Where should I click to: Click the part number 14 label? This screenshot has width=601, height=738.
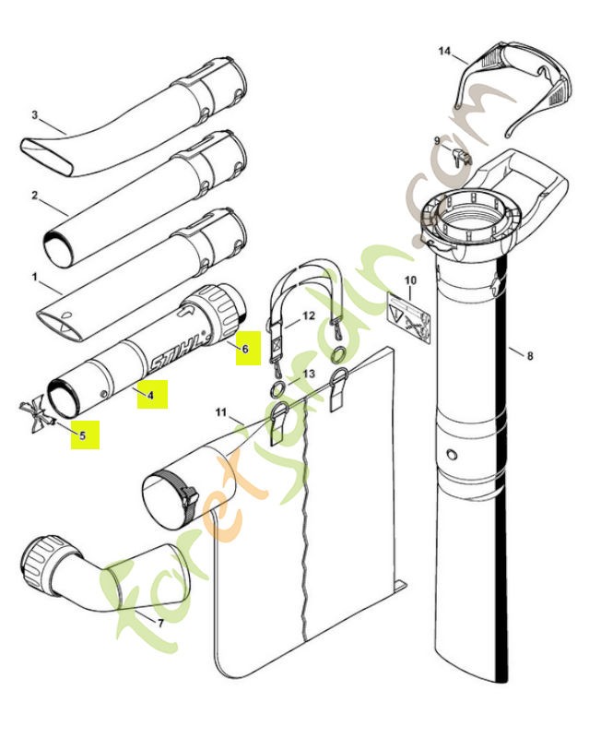(445, 53)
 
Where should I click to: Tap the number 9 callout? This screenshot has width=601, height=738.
(437, 140)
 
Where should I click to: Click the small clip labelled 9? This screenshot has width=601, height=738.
(462, 154)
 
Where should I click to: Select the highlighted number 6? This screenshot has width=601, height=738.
(245, 349)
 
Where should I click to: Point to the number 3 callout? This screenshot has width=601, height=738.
(34, 115)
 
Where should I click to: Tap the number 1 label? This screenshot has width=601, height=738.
(34, 275)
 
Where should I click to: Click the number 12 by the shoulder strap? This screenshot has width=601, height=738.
(309, 316)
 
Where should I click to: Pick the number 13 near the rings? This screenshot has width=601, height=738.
(309, 373)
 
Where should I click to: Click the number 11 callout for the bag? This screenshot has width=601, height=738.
(220, 411)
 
